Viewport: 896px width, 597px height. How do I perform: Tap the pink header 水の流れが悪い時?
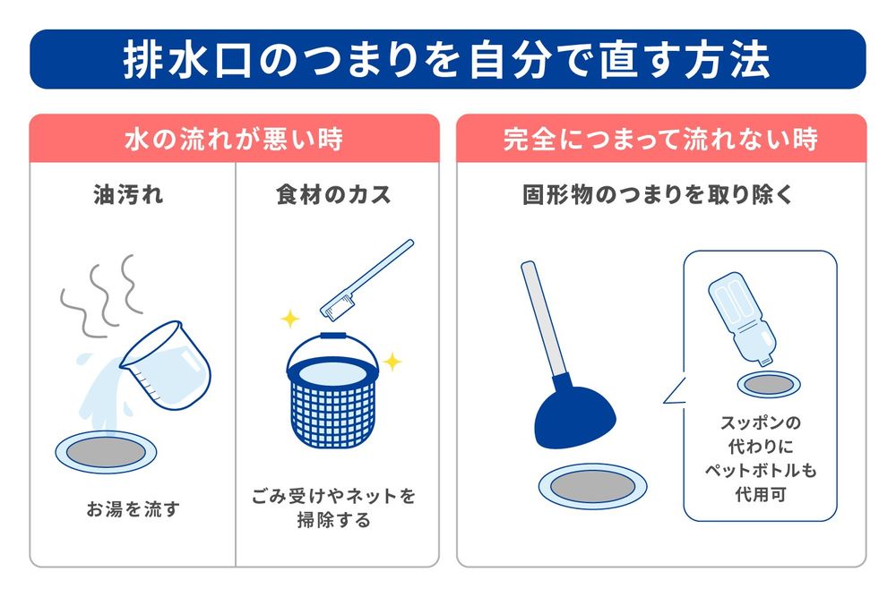coord(234,139)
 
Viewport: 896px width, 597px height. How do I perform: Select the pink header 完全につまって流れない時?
coord(660,139)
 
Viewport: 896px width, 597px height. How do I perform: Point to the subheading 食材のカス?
coord(333,195)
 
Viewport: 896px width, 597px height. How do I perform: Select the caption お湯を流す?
coord(133,509)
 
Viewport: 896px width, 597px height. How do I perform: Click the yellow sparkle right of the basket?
coord(392,362)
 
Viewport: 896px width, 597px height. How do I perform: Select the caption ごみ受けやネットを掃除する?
coord(333,507)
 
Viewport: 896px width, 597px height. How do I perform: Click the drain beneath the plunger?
coord(592,486)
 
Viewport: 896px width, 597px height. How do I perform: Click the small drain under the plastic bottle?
coord(768,384)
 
